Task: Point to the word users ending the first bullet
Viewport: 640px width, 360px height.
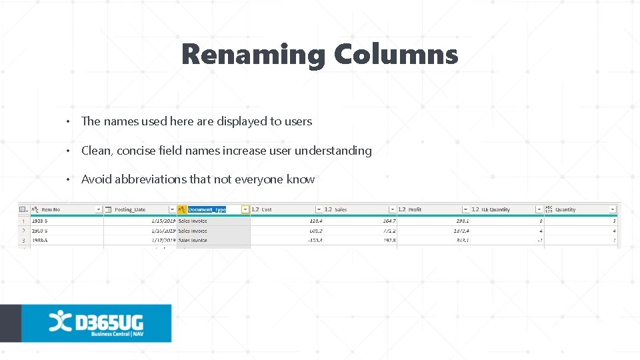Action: [297, 121]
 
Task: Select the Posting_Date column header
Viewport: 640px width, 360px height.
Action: [130, 209]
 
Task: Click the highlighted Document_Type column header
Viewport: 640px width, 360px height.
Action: [207, 209]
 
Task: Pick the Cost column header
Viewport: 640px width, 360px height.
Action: [267, 209]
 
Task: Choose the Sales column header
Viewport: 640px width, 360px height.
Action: [341, 209]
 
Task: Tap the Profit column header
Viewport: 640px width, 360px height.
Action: [415, 209]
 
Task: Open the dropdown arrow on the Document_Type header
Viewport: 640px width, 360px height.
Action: [245, 209]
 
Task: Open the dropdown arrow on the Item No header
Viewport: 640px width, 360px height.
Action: [99, 209]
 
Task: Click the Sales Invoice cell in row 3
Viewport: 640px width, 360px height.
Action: [194, 240]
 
